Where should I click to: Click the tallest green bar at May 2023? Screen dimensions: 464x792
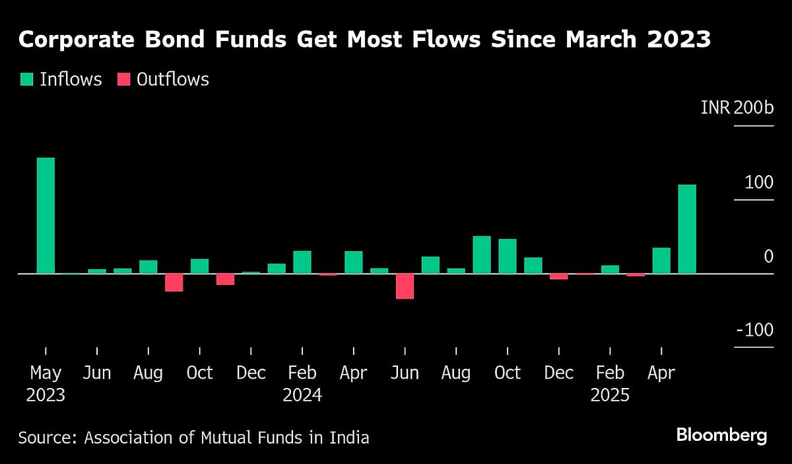[x=46, y=215]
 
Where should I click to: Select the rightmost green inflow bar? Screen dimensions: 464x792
[x=687, y=229]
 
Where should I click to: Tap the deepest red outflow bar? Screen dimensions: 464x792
[x=405, y=286]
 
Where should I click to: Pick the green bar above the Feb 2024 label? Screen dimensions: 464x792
[x=302, y=262]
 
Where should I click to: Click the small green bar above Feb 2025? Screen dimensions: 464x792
[x=610, y=269]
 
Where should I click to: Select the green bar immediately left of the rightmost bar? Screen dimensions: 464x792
[x=661, y=260]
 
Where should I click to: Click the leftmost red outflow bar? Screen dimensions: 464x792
[x=174, y=282]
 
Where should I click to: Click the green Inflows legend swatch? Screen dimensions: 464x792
[x=26, y=80]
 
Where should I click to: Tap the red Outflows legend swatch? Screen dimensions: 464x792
[x=123, y=80]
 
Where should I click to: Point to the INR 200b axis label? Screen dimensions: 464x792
[x=737, y=108]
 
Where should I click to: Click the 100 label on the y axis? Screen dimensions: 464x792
[x=758, y=182]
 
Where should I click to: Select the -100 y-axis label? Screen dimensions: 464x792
[x=754, y=330]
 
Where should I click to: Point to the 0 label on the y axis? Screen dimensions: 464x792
[x=768, y=256]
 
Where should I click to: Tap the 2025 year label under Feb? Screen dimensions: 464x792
[x=610, y=395]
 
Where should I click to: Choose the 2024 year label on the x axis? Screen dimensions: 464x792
[x=302, y=395]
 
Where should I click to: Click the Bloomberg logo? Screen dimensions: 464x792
[x=721, y=436]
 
